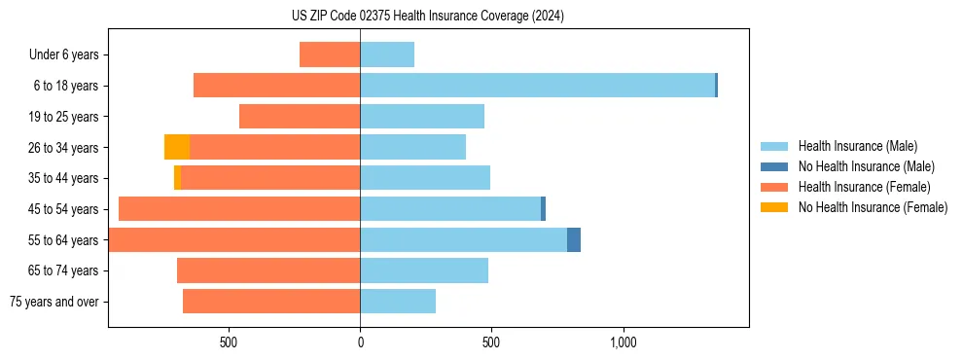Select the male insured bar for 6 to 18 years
point(537,86)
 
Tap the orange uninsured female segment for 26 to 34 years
point(176,147)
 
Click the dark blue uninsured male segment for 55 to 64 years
point(574,239)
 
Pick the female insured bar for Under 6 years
point(330,54)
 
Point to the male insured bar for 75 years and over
point(398,302)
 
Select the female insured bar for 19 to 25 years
point(300,117)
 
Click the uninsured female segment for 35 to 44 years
point(177,178)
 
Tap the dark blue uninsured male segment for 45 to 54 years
point(543,209)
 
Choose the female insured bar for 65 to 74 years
point(268,270)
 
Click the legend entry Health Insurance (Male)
point(856,146)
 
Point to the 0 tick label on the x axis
point(360,342)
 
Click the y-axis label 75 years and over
point(54,302)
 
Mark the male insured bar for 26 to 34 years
point(412,147)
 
